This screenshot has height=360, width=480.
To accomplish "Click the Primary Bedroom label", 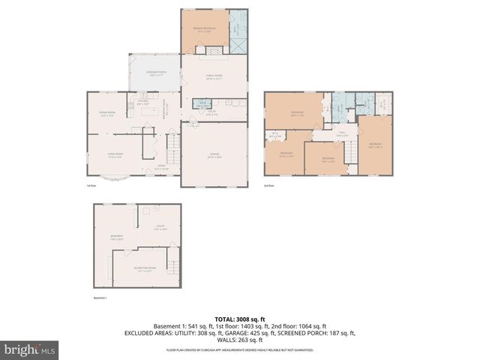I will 204,30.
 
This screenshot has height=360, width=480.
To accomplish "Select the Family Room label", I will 215,76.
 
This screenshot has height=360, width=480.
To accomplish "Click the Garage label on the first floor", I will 214,156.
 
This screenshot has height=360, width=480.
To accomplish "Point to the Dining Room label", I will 106,114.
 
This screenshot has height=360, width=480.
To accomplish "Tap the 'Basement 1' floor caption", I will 100,298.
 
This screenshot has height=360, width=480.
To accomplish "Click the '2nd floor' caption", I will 268,184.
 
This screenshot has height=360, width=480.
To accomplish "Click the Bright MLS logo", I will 30,349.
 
